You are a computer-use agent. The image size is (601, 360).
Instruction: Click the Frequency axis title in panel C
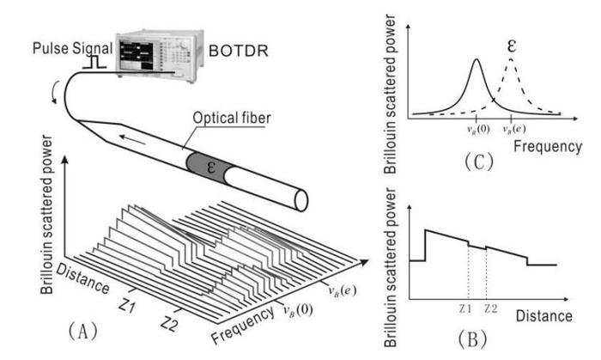548,147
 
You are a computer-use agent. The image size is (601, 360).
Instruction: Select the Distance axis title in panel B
543,316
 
